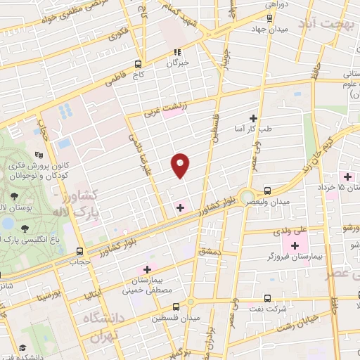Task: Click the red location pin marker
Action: [x=181, y=165]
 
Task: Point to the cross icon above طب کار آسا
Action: [x=253, y=118]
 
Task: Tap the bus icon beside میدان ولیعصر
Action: [x=267, y=191]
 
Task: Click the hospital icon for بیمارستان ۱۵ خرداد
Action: [x=347, y=175]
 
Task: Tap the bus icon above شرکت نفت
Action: [x=267, y=298]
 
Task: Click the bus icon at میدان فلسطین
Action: [x=190, y=304]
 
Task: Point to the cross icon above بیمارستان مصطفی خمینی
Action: [x=147, y=269]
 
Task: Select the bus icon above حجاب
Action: [x=79, y=251]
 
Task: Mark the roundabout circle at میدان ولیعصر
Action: [x=246, y=197]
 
